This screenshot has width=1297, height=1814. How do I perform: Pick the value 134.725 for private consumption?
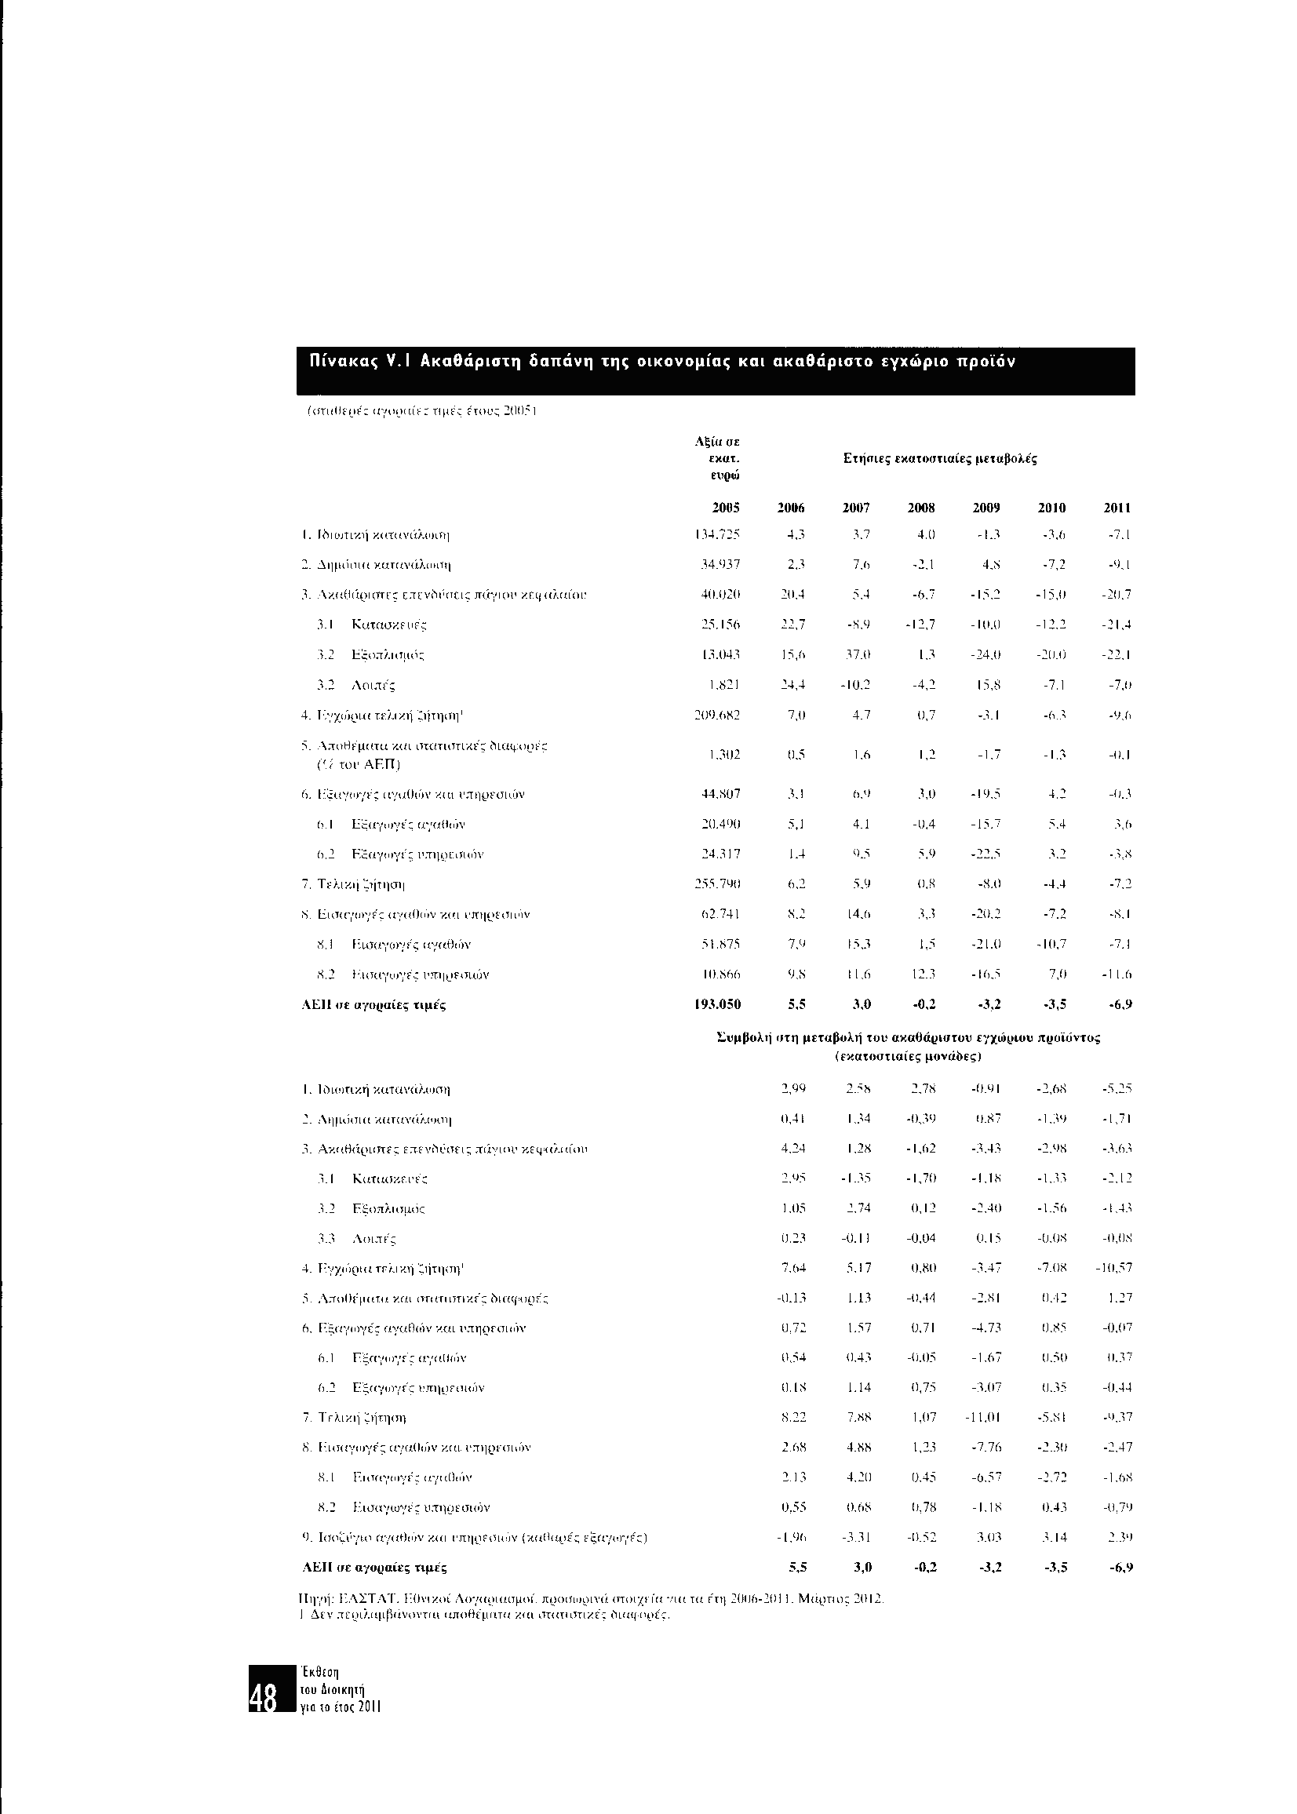[720, 534]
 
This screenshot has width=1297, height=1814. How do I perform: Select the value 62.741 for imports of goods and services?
[722, 914]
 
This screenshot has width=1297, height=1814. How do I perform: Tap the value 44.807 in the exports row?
[722, 795]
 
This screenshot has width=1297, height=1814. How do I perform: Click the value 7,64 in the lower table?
[792, 1267]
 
